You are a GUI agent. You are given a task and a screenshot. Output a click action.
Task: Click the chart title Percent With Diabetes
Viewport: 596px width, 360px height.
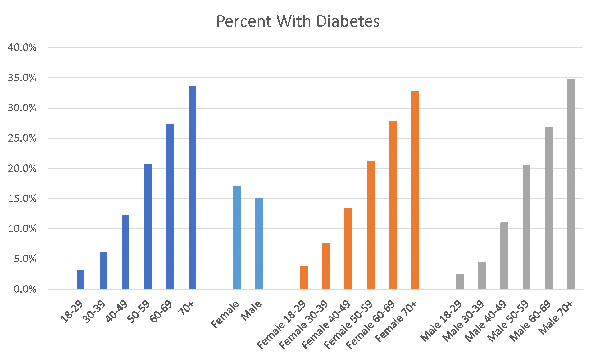click(x=298, y=21)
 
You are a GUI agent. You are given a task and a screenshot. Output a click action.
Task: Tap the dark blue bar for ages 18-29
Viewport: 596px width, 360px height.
click(x=81, y=279)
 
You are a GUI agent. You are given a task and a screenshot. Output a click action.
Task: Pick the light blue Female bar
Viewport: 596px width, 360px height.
click(x=237, y=237)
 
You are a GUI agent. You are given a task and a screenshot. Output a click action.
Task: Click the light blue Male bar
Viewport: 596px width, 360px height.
click(x=259, y=244)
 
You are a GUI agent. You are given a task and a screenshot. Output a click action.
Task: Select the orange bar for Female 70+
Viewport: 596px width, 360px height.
click(x=415, y=190)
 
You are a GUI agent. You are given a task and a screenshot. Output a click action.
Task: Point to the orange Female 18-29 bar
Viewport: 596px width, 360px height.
click(x=303, y=277)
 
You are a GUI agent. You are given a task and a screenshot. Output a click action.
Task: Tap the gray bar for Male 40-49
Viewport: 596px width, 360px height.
click(x=504, y=255)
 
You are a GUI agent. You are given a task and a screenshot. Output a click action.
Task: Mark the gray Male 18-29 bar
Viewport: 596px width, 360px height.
click(x=460, y=281)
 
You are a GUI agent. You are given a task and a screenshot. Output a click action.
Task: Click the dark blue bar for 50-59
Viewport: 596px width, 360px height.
click(x=148, y=226)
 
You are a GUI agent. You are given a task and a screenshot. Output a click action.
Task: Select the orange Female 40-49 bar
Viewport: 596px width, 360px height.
click(x=348, y=248)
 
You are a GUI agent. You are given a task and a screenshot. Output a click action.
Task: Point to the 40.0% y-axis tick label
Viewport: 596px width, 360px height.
click(x=22, y=47)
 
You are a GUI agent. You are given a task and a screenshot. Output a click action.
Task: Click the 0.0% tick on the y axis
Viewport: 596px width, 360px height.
click(x=25, y=289)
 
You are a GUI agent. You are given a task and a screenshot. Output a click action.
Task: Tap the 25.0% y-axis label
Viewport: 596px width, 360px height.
click(x=22, y=138)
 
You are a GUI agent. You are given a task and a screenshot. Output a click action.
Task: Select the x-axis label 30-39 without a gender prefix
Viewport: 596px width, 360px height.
click(x=94, y=312)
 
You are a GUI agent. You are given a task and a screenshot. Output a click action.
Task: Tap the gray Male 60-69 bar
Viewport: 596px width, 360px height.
click(x=548, y=208)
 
